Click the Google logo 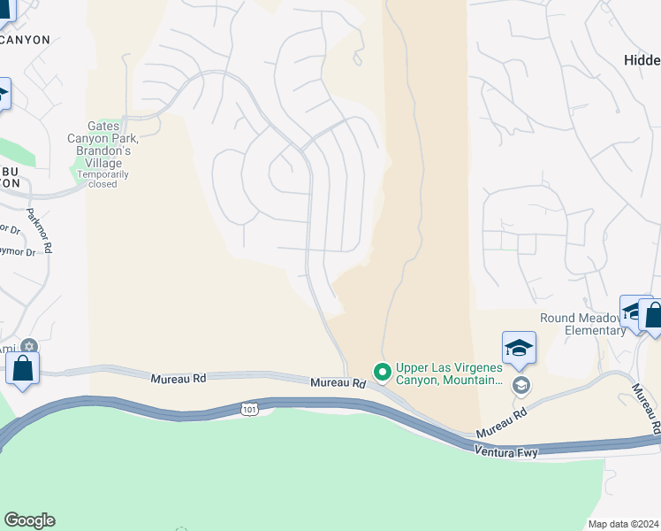coord(29,520)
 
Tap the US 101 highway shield coord(250,408)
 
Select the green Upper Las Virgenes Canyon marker coord(383,371)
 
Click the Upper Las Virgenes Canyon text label coord(450,374)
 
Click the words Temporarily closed coord(103,180)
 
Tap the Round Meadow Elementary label coord(583,325)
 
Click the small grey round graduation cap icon coord(521,384)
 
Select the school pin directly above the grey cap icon coord(519,349)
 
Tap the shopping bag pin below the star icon coord(22,368)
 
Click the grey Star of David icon coord(29,346)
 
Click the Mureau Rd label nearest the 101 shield coord(338,383)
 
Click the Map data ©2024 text coord(623,524)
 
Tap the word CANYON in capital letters coord(25,40)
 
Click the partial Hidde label coord(641,60)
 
